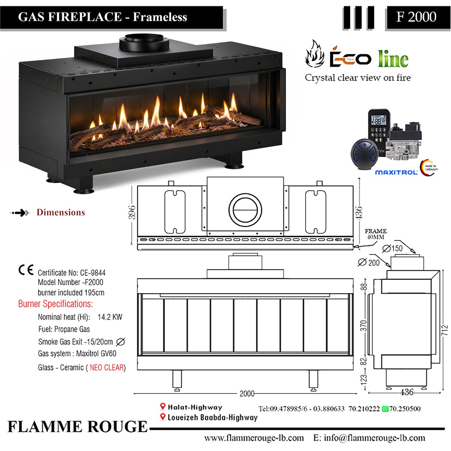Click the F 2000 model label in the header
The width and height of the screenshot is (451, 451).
416,17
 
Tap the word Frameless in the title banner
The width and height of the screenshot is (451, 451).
160,17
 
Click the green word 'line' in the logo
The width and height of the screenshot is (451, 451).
393,59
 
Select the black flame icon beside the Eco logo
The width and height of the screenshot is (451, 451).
315,54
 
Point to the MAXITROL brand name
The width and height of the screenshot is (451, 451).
396,173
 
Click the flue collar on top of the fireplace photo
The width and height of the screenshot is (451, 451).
144,42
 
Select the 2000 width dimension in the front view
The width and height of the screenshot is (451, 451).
247,393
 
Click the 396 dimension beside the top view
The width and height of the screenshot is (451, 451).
132,212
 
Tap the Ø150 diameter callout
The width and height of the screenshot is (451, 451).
392,248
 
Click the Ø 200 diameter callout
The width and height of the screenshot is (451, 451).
369,263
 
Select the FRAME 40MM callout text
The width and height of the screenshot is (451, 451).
375,234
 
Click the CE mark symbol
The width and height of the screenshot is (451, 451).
26,270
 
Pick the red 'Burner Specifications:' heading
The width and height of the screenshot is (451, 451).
56,304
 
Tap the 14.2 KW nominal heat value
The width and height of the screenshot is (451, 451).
110,317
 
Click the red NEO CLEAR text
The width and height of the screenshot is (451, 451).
106,368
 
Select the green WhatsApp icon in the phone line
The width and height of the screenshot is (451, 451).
385,409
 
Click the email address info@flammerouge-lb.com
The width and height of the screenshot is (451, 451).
374,438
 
